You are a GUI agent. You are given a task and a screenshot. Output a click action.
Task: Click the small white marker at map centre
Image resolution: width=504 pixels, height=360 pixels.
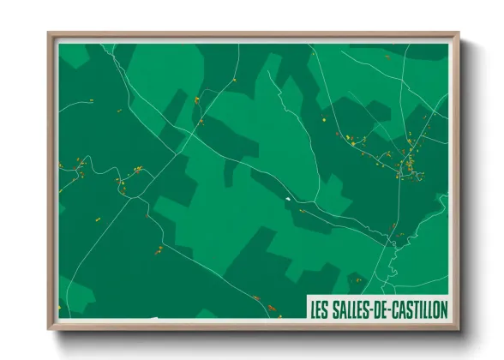pyautogui.click(x=288, y=200)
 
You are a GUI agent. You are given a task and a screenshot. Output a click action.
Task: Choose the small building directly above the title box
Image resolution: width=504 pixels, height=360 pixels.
pyautogui.click(x=358, y=279)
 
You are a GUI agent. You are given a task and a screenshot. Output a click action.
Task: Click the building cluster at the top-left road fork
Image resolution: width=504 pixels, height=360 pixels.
pyautogui.click(x=197, y=100)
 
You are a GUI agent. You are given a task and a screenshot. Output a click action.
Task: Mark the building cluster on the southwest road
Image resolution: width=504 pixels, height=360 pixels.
pyautogui.click(x=159, y=250)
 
